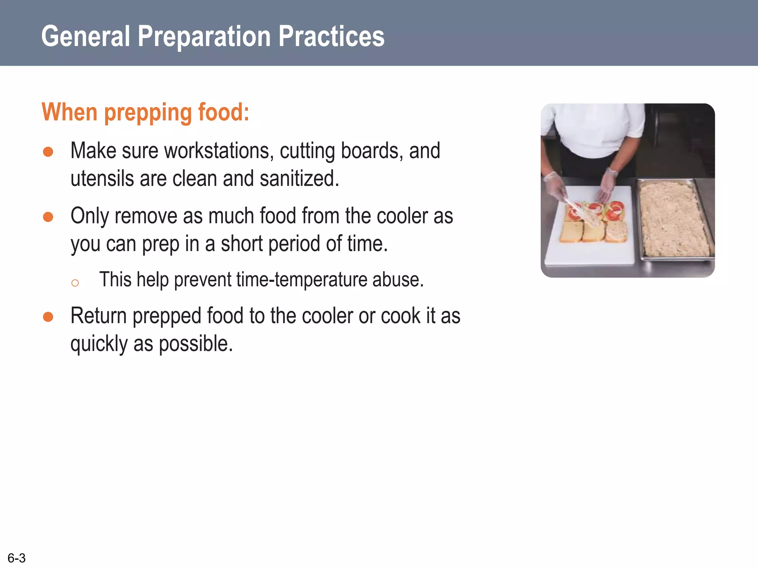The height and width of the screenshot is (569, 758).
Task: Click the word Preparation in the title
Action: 204,36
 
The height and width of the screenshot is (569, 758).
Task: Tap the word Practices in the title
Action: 331,36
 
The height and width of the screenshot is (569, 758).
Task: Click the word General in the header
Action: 86,36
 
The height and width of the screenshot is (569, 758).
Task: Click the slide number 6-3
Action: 17,558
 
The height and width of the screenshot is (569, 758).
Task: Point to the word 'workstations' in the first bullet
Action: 219,151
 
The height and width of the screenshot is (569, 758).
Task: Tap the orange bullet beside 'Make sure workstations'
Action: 48,152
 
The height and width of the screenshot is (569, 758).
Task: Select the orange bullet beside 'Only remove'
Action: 48,217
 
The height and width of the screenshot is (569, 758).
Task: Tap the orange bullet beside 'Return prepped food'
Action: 48,317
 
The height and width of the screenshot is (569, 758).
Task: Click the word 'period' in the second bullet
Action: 294,244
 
